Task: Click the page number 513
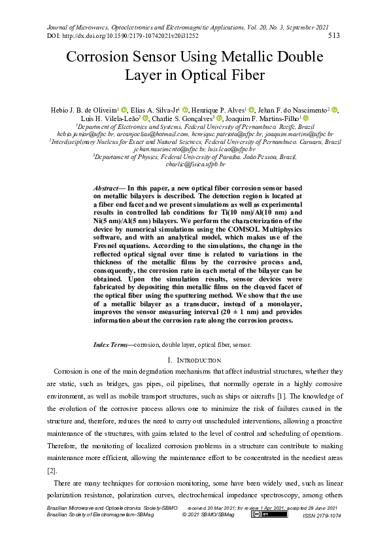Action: click(333, 36)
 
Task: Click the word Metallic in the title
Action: click(234, 57)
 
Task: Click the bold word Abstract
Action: click(108, 187)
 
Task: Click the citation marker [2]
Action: click(52, 471)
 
